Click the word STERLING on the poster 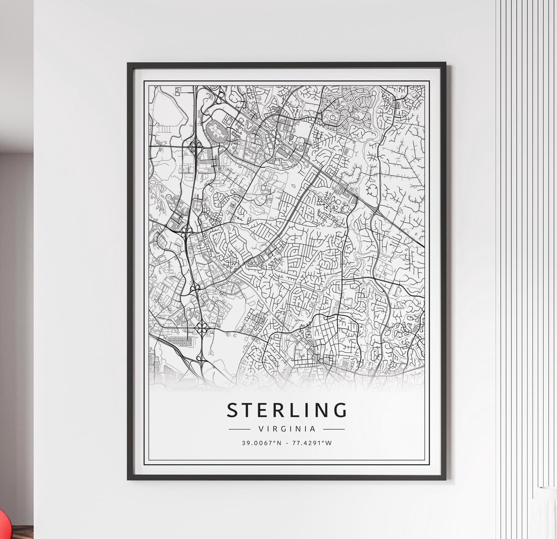287,410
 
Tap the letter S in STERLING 233,410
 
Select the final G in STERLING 340,410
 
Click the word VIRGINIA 286,428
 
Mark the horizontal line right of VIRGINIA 334,428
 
